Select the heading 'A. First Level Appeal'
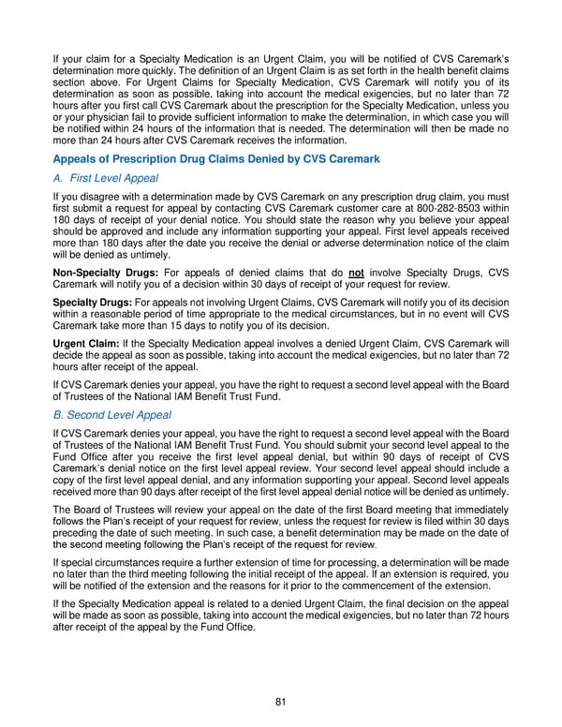[x=106, y=178]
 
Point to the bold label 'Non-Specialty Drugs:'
[x=101, y=272]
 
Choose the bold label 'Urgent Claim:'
[x=86, y=343]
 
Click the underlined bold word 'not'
[x=356, y=272]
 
